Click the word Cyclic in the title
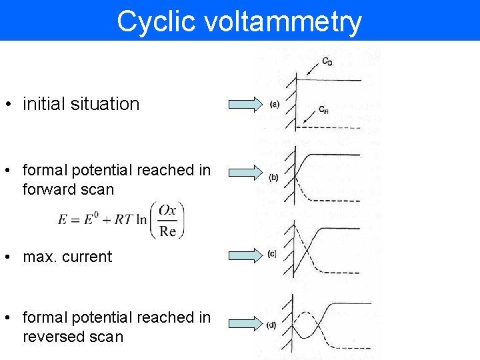pos(157,21)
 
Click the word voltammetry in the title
pos(283,21)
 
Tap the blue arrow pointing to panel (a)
pos(246,103)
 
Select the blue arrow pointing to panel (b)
pos(246,173)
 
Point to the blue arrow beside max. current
pos(246,254)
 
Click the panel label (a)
pos(275,104)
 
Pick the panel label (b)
pos(274,177)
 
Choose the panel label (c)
pos(272,253)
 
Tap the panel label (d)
pos(272,325)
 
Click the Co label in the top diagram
pos(327,62)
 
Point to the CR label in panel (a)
pos(323,109)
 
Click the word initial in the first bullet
pos(44,104)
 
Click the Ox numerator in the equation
pos(167,210)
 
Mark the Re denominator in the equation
pos(167,231)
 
